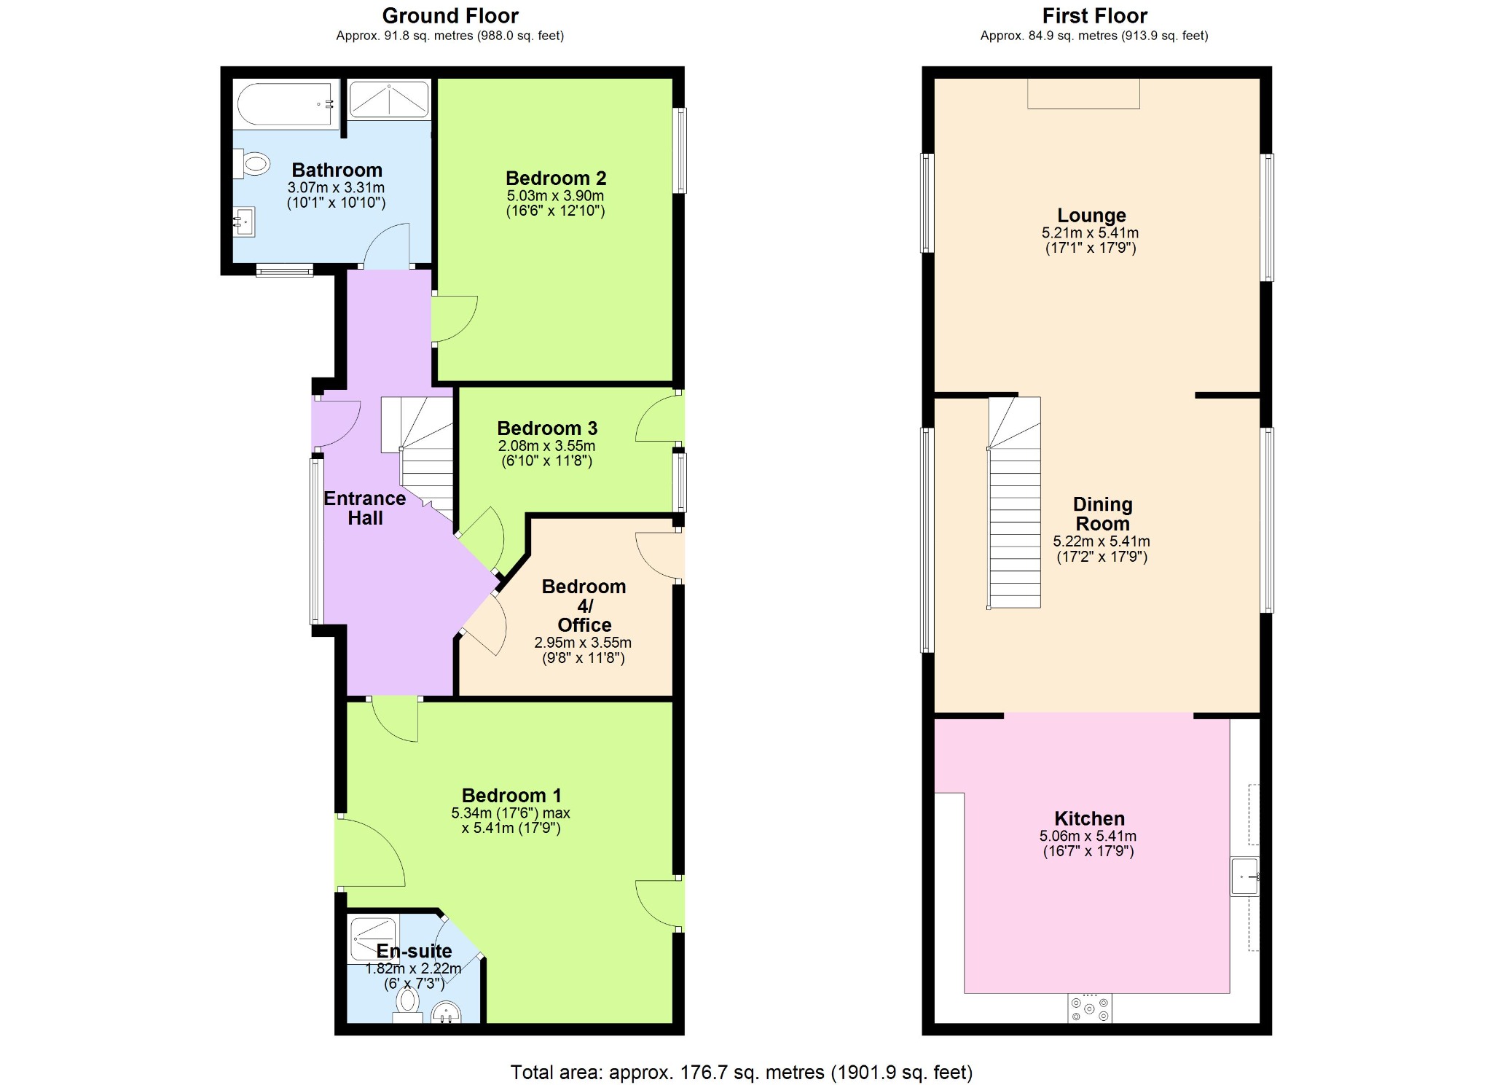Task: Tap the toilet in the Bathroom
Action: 251,164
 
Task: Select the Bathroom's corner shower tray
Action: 388,100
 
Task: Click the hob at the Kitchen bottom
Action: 1089,1008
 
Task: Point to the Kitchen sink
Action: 1244,876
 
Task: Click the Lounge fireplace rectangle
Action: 1083,94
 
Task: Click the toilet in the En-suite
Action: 408,1001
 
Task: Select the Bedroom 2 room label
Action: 556,178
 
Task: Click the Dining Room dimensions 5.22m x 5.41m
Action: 1101,541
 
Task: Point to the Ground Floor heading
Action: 450,15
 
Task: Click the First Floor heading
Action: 1094,15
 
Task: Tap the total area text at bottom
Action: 741,1072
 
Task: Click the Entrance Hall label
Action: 365,508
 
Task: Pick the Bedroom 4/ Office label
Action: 584,606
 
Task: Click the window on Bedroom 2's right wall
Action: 679,150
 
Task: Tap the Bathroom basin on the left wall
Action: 244,222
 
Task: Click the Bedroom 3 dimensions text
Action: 546,453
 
